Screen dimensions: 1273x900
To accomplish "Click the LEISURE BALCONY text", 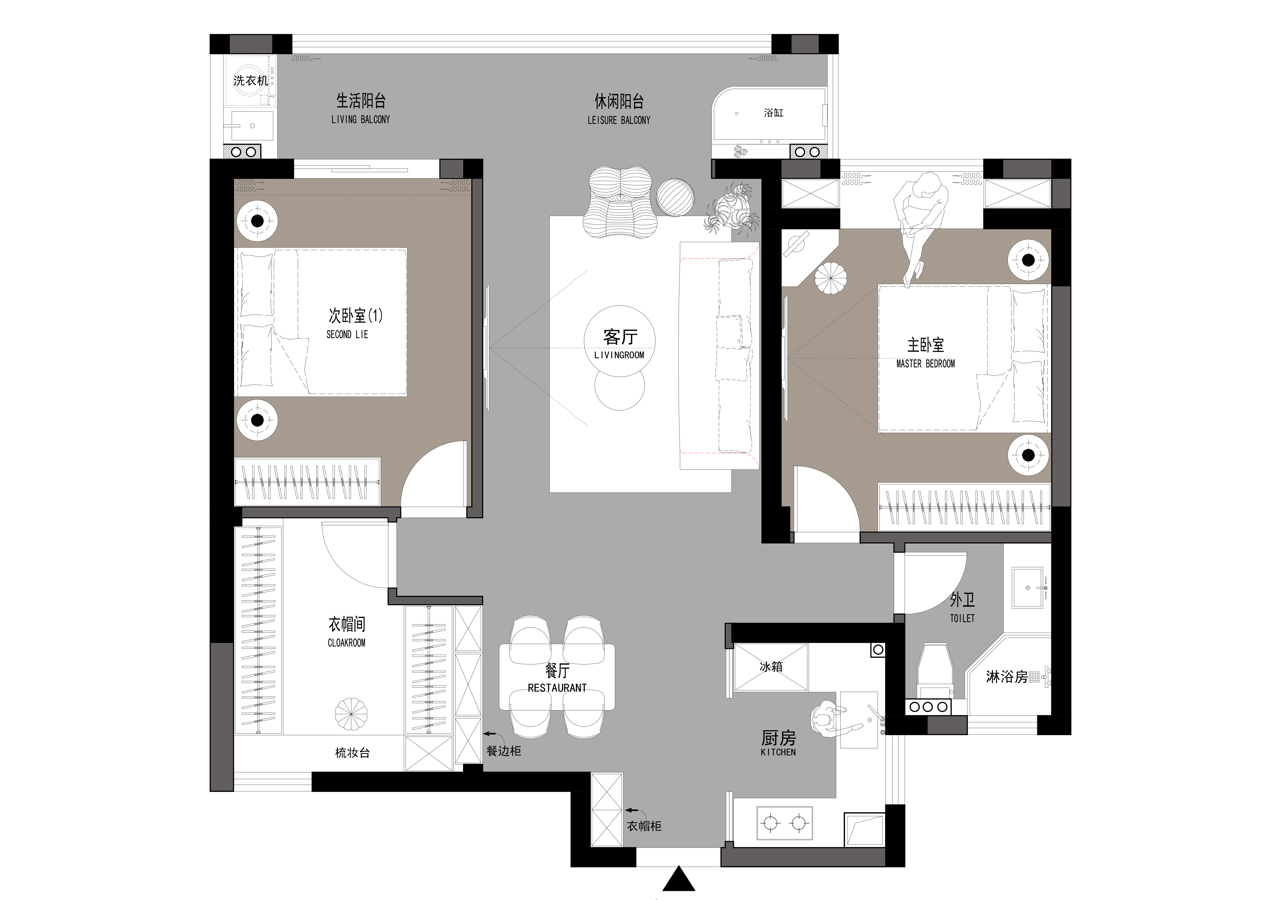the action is (x=619, y=120).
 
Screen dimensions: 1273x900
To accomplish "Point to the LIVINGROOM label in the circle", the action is (x=619, y=355).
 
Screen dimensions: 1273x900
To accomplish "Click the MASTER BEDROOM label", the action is (x=925, y=364).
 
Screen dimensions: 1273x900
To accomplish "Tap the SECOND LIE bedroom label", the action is (x=347, y=334).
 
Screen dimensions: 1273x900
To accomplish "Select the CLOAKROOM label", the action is (x=347, y=643).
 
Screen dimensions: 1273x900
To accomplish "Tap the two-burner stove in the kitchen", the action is (x=785, y=824).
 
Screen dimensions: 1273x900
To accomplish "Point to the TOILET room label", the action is (x=962, y=618).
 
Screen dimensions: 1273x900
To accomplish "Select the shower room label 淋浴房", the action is (x=1006, y=677).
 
